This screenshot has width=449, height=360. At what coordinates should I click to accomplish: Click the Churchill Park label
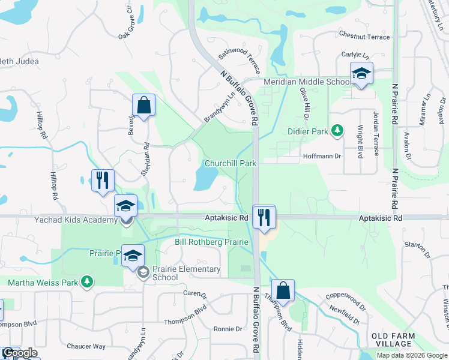click(x=231, y=163)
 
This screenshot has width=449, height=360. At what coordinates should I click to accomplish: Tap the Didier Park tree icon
click(x=338, y=130)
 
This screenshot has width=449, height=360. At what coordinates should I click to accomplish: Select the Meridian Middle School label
click(x=305, y=82)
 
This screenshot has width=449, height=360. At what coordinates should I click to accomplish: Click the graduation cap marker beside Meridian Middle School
click(x=361, y=74)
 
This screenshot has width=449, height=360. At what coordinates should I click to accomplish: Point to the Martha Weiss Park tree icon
click(x=88, y=281)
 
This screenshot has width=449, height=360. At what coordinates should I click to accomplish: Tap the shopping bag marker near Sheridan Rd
click(x=144, y=106)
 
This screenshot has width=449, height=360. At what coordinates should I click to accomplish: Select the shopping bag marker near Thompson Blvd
click(x=283, y=291)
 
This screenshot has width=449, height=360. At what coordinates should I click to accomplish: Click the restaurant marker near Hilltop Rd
click(x=103, y=179)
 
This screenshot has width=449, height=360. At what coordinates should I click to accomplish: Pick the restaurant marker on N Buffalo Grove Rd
click(x=264, y=217)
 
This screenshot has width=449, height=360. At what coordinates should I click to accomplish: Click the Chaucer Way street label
click(x=86, y=346)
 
